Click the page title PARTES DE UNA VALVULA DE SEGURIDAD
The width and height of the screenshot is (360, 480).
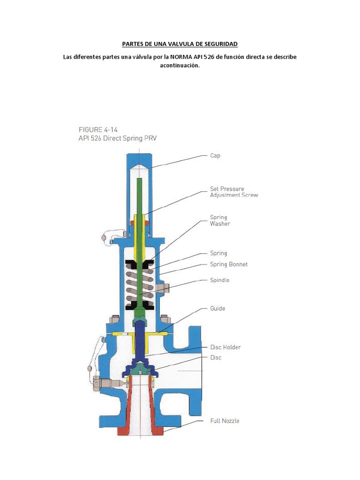tap(180, 44)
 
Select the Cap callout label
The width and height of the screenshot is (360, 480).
tap(215, 156)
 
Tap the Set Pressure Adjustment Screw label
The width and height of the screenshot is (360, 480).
tap(233, 192)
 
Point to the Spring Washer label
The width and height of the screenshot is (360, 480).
tap(220, 220)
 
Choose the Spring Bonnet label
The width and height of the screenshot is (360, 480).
tap(229, 264)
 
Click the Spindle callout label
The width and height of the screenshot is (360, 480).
tap(220, 280)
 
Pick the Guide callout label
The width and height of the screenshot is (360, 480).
tap(217, 308)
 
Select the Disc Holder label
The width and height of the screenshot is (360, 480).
tap(225, 347)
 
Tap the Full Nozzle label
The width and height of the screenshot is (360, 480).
tap(225, 421)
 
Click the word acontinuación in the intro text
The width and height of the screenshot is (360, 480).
tap(180, 66)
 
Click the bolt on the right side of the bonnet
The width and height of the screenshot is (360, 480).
tap(163, 287)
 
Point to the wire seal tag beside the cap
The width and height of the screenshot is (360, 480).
tap(104, 238)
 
